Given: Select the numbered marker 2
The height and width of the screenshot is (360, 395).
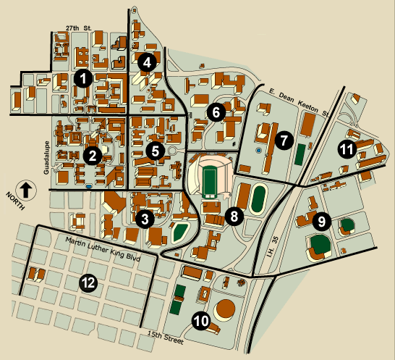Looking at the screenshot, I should (92, 154).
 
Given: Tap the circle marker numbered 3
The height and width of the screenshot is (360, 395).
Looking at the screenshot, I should (145, 217).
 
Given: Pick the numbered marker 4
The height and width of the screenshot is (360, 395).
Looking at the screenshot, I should (148, 62).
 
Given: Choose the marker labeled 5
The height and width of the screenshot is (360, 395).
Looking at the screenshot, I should (155, 150).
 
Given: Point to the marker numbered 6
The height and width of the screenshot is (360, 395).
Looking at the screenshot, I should (215, 112).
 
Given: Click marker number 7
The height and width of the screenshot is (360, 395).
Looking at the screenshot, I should (283, 138).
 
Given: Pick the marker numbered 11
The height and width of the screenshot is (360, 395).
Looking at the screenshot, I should (347, 149).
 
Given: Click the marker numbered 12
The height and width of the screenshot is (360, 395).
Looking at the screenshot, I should (88, 283).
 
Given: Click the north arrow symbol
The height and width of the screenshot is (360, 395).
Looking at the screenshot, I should (25, 191).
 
